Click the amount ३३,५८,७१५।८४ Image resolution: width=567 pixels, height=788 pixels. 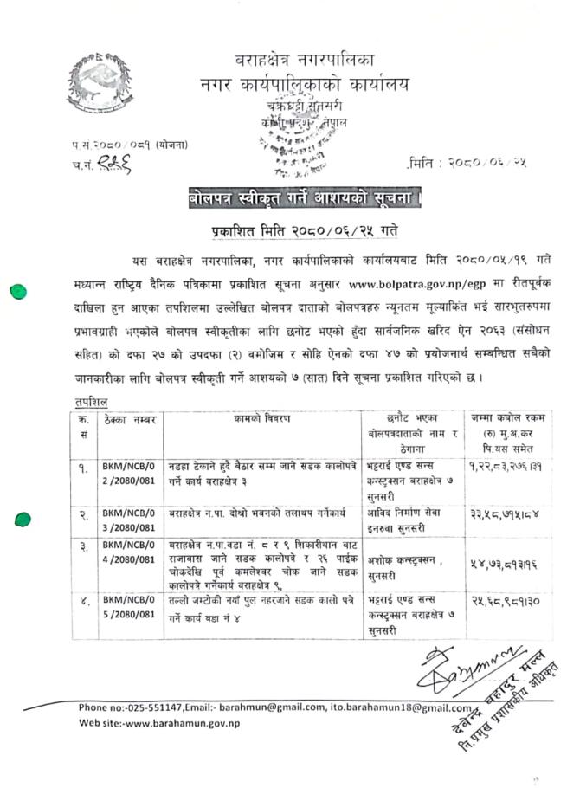(506, 513)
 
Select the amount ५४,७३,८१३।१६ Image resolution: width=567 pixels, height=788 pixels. (506, 561)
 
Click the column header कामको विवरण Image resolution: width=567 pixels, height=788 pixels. (261, 419)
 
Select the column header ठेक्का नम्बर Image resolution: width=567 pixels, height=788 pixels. (130, 419)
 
